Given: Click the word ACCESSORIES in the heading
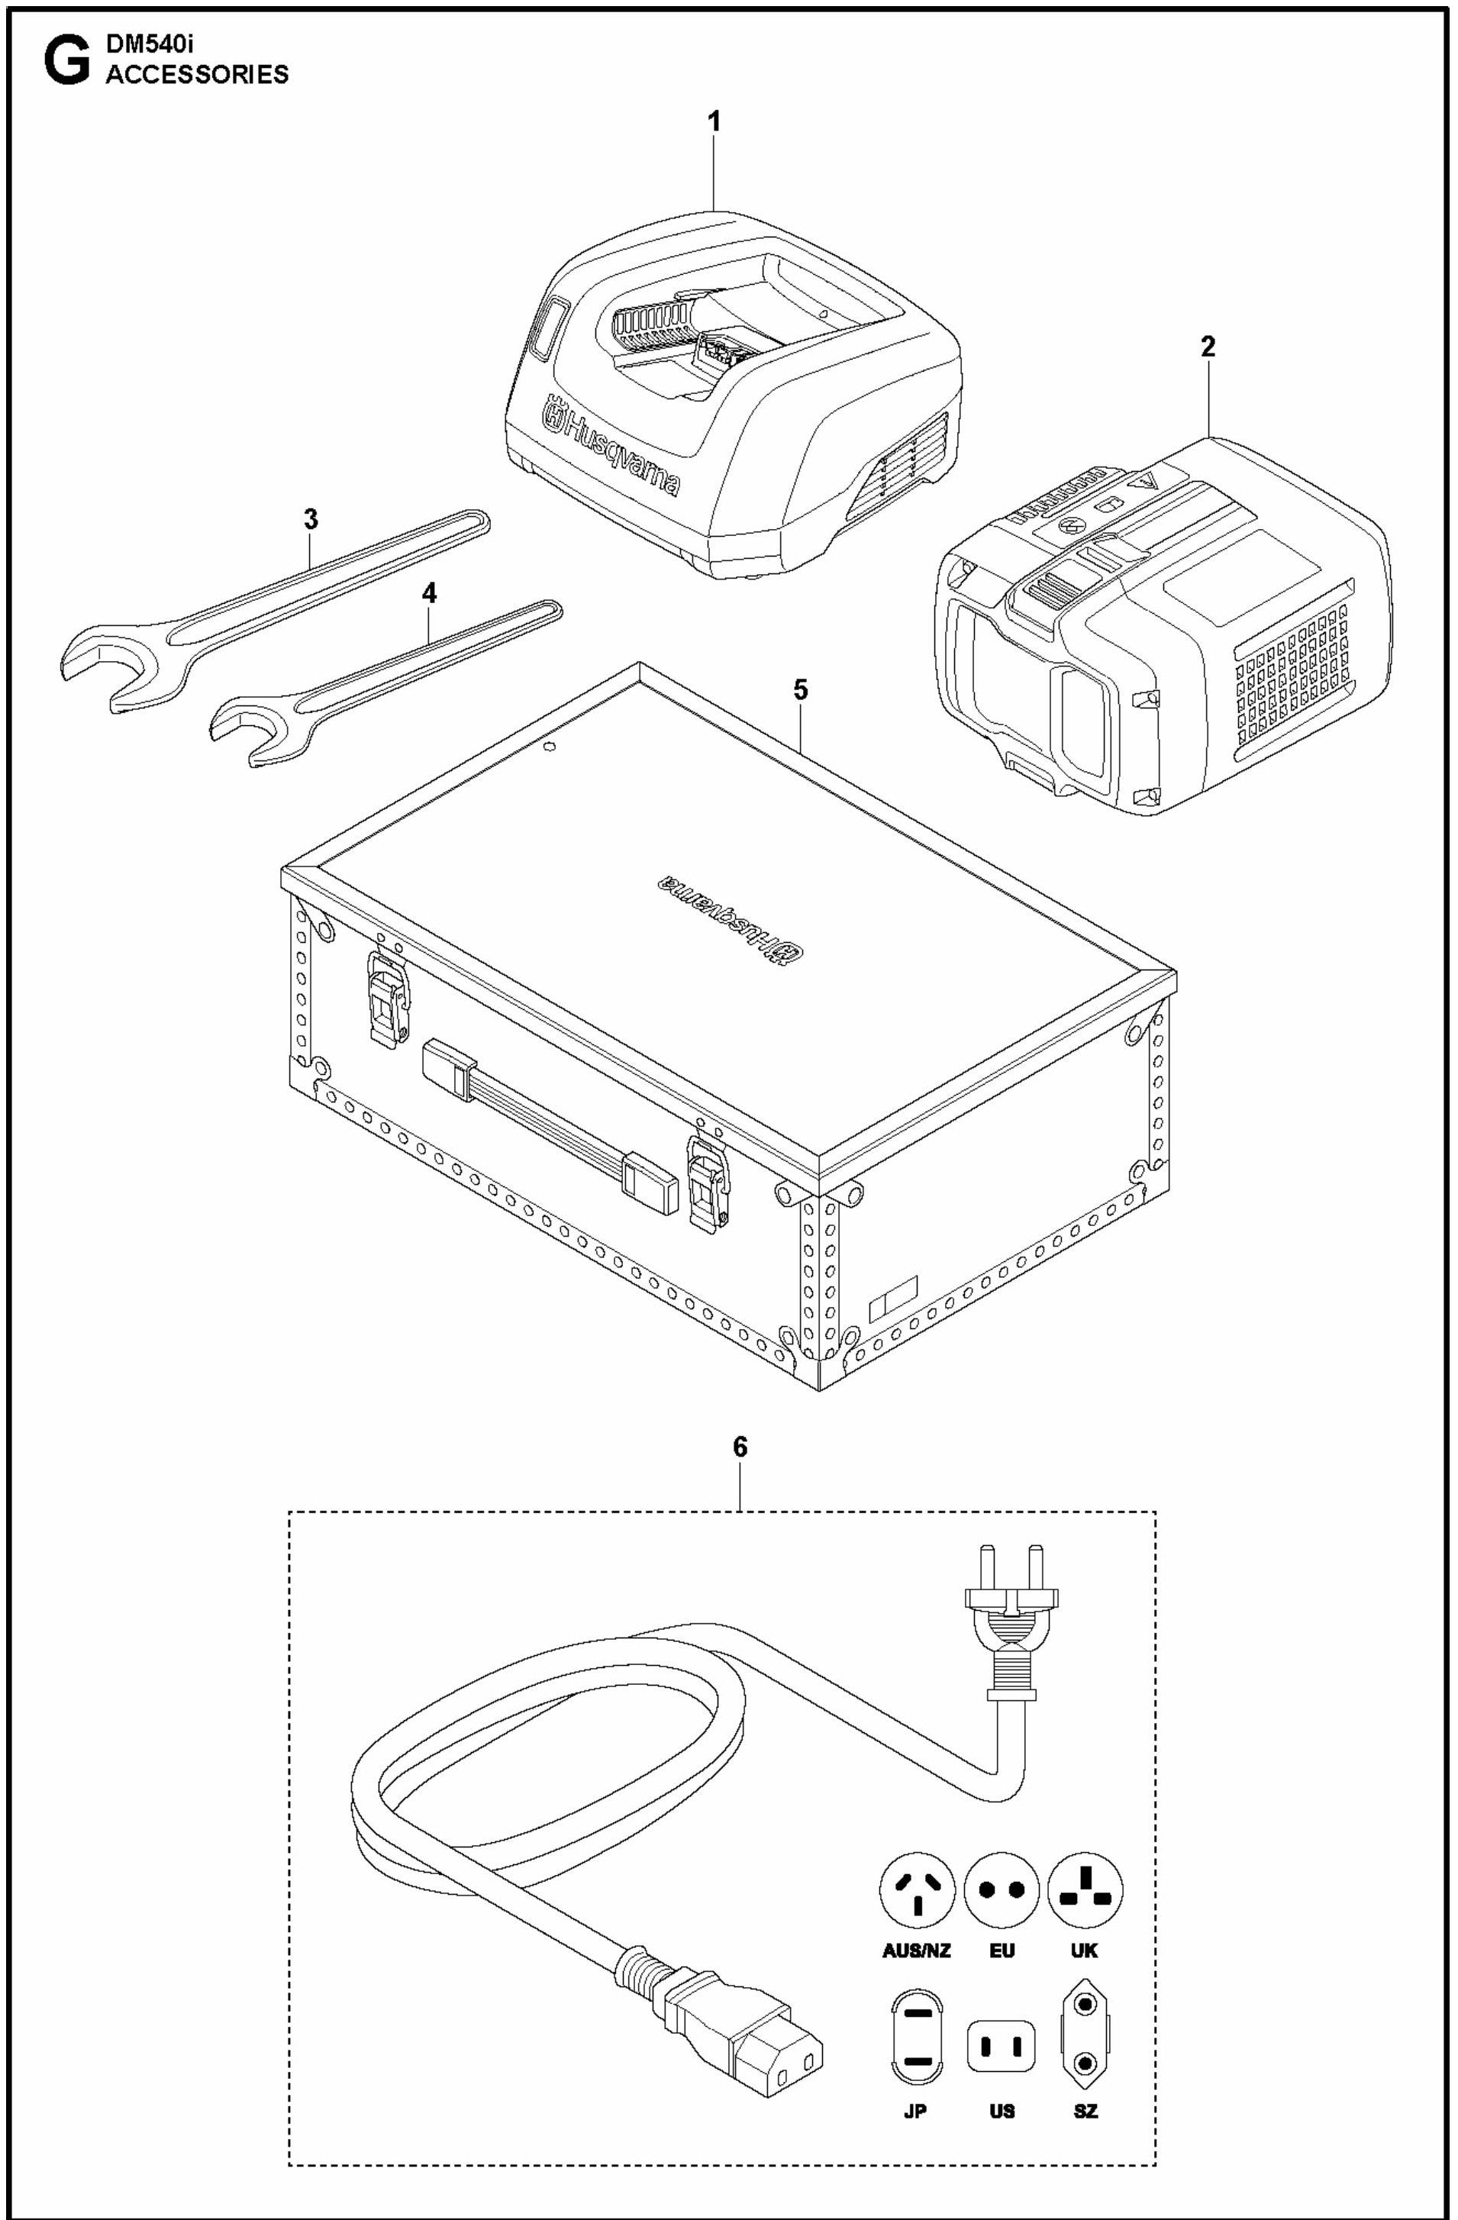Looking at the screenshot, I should click(197, 76).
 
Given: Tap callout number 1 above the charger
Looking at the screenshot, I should click(714, 122).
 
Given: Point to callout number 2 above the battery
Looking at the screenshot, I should click(1208, 348).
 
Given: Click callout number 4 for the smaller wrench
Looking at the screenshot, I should click(429, 594).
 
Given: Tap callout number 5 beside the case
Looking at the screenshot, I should click(800, 689).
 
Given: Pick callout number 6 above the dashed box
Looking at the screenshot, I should click(740, 1447).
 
